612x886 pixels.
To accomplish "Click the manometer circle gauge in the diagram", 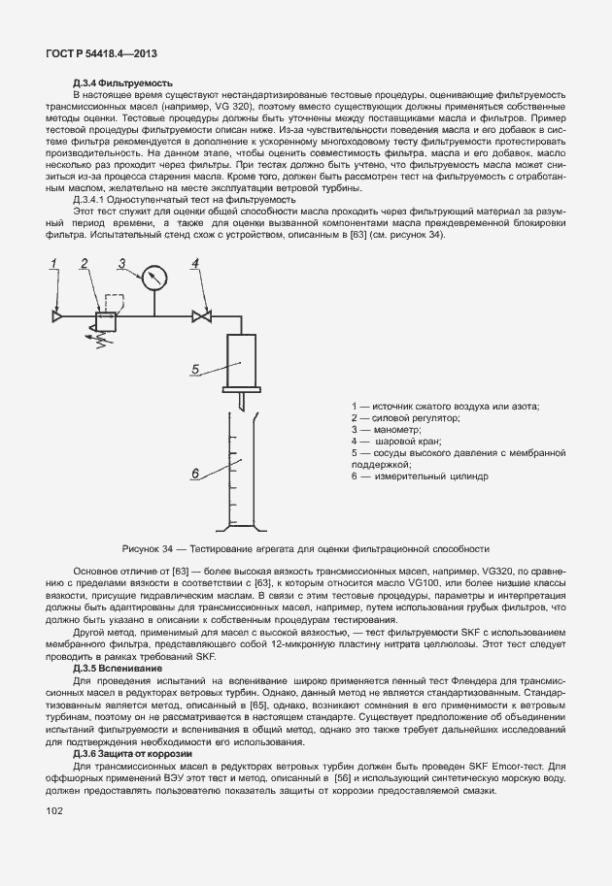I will pos(153,278).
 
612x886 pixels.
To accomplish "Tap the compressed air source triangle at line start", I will pos(57,315).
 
